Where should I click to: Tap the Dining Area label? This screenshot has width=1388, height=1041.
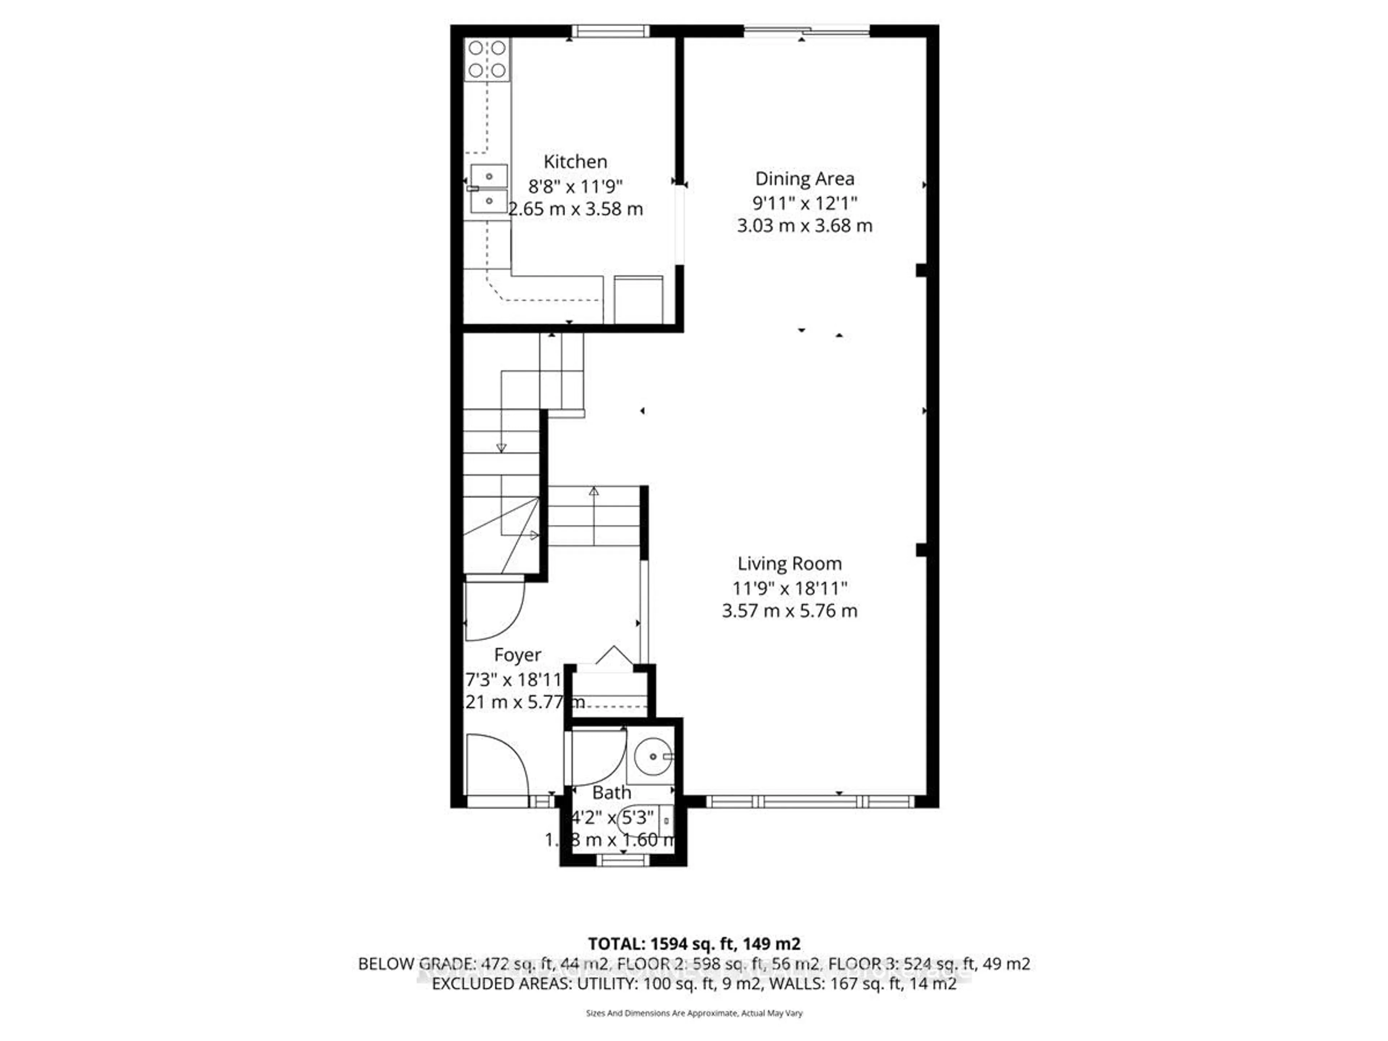805,179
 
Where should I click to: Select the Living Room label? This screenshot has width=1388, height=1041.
789,564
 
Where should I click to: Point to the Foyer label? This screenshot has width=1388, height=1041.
517,655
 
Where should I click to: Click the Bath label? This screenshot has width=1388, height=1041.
611,793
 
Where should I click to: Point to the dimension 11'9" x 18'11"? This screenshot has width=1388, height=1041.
789,588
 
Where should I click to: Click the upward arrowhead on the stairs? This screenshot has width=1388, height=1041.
594,491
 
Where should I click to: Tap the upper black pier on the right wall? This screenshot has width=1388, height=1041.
921,270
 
